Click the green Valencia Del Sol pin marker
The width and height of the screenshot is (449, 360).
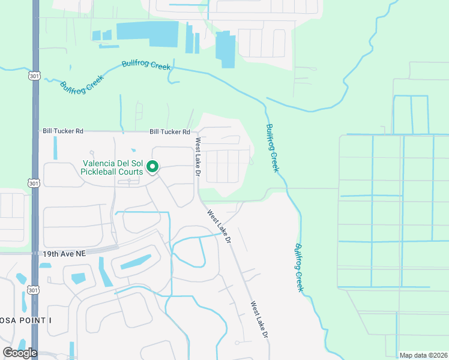click(152, 167)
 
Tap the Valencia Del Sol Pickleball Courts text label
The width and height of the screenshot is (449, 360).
click(112, 167)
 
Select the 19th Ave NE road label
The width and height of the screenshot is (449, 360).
click(64, 254)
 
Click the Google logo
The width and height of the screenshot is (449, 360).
click(20, 353)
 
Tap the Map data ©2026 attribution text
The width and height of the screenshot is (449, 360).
click(424, 355)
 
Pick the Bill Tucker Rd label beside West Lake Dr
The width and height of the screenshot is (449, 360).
click(170, 132)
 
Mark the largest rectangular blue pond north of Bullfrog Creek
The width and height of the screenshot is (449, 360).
click(147, 34)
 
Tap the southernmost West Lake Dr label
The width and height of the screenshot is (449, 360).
click(259, 321)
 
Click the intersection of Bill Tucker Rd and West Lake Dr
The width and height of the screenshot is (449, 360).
click(196, 132)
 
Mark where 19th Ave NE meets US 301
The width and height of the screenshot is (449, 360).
click(35, 254)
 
